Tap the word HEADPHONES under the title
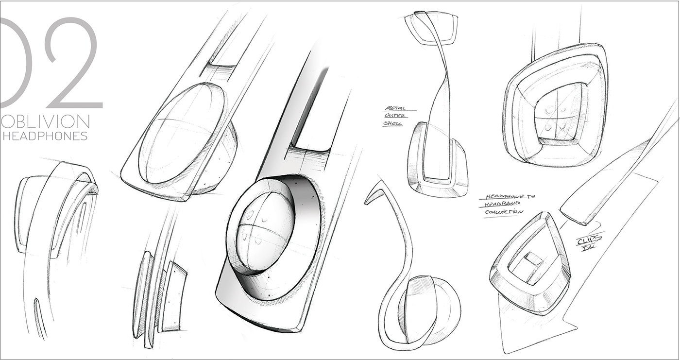(x=45, y=136)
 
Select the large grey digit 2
(x=73, y=63)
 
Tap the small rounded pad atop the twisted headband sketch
(x=431, y=28)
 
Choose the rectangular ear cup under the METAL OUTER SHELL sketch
(x=437, y=160)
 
